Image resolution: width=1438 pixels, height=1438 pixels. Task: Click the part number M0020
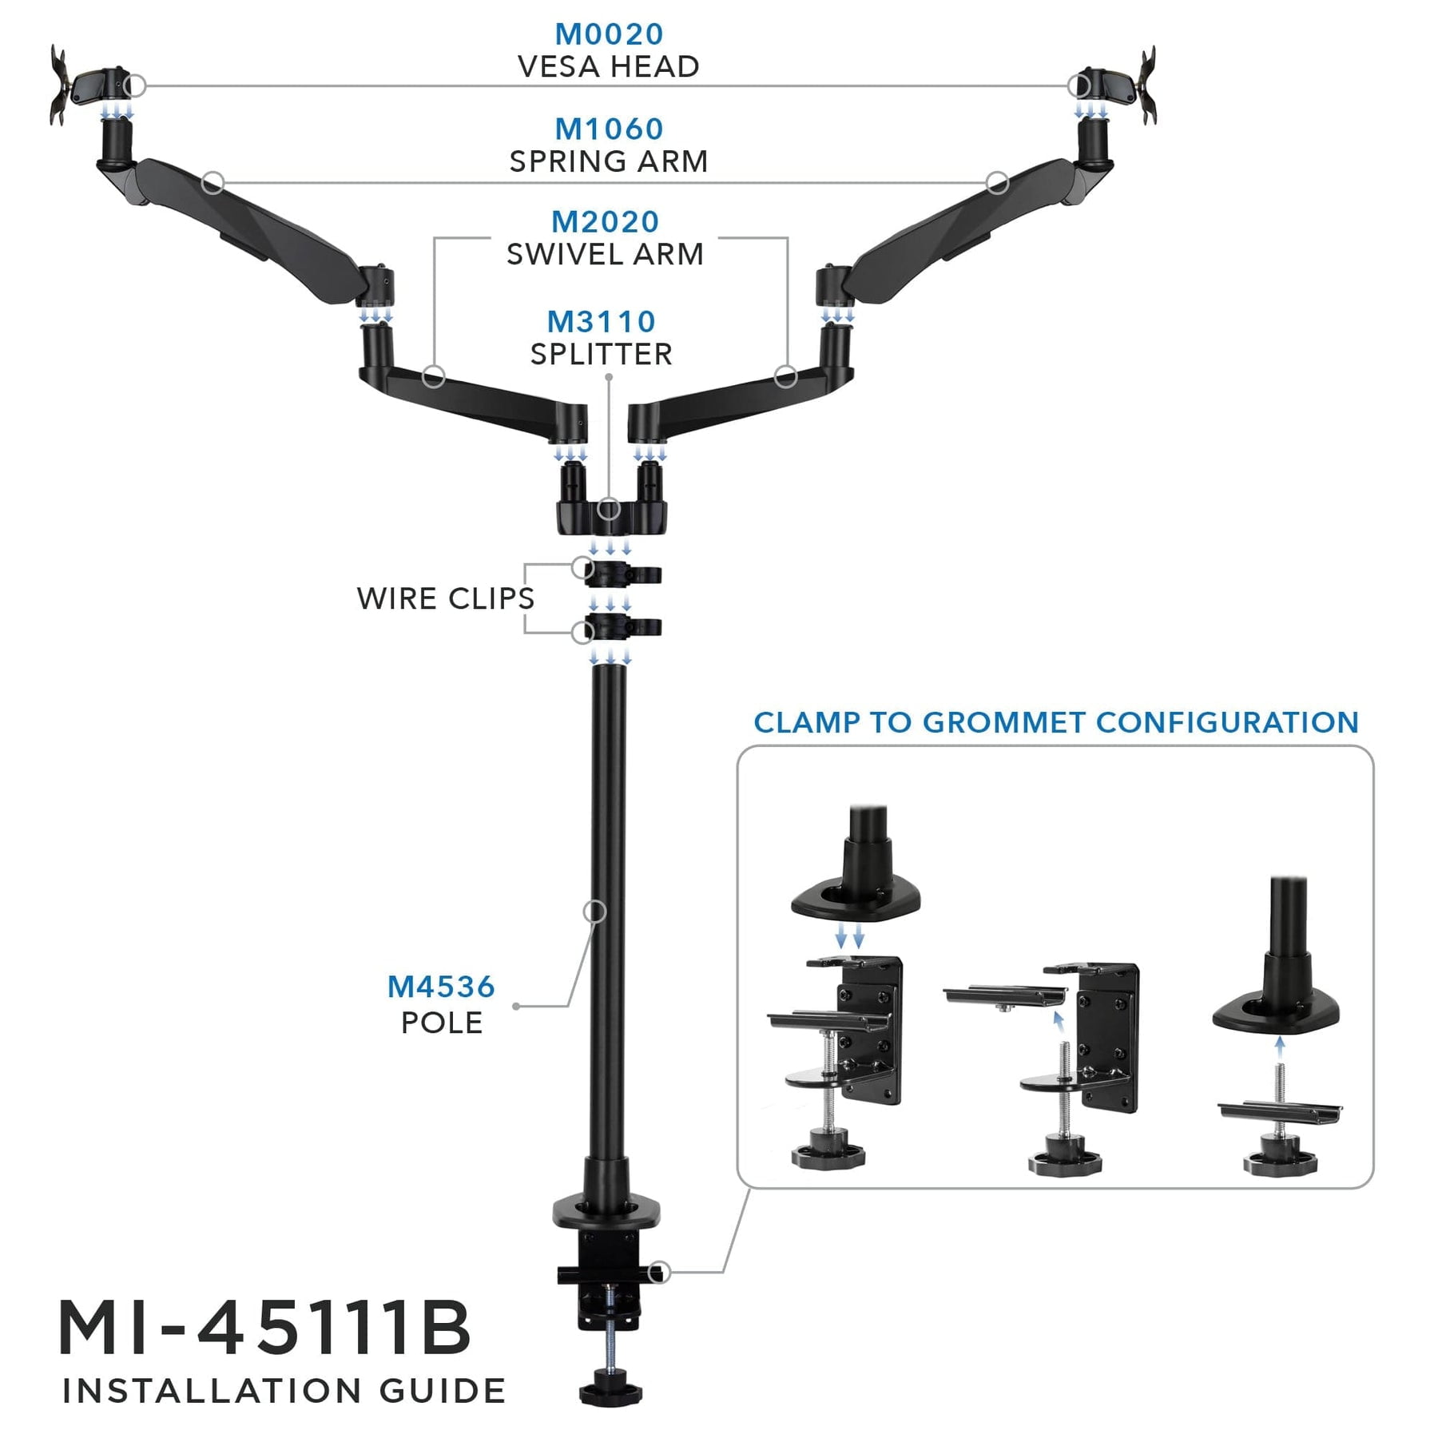[x=609, y=34]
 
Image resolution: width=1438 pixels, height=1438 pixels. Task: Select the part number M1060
[x=609, y=129]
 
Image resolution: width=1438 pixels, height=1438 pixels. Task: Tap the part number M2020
[x=606, y=221]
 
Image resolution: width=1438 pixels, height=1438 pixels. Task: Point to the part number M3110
[x=601, y=321]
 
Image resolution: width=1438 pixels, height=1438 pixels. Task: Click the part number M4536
[x=441, y=987]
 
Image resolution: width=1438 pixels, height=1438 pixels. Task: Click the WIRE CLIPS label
[x=446, y=598]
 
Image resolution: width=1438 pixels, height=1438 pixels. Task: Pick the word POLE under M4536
[x=442, y=1023]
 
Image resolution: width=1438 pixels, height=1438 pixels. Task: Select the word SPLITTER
[x=601, y=354]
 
